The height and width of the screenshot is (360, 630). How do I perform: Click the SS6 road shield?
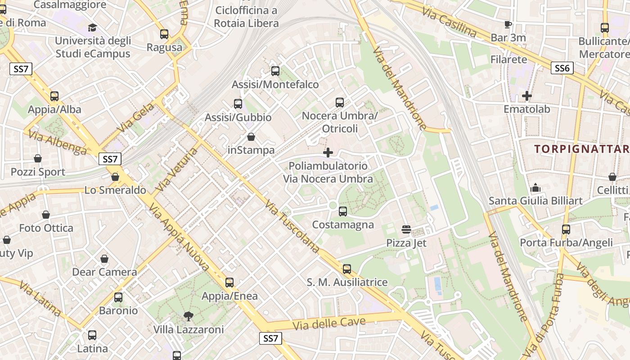tap(562, 68)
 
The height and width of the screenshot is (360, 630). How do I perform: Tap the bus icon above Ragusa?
tap(164, 34)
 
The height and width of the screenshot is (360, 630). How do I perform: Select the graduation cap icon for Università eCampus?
tap(92, 27)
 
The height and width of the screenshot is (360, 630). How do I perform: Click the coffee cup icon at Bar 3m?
tap(508, 24)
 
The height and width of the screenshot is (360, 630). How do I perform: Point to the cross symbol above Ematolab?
tap(526, 96)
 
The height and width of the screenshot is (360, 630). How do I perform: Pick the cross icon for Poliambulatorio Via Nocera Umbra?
tap(328, 153)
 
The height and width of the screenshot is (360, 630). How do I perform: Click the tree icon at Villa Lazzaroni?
tap(189, 316)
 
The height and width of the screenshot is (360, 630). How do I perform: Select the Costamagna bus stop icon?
tap(343, 211)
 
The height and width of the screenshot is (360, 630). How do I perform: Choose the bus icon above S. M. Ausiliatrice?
tap(346, 269)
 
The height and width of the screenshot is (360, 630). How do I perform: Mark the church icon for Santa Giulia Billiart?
tap(535, 187)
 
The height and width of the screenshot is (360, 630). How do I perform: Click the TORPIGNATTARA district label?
tap(581, 149)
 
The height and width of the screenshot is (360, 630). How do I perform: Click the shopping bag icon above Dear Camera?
tap(104, 259)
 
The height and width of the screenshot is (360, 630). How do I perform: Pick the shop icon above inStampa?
tap(251, 137)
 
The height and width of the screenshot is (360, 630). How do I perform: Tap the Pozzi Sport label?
tap(38, 172)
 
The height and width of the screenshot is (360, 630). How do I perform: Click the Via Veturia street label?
tap(176, 170)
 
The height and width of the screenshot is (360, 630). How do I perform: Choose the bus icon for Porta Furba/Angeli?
tap(566, 229)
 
